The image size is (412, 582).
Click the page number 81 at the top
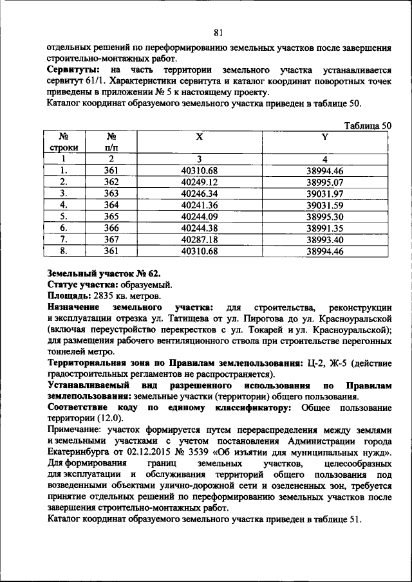pos(218,33)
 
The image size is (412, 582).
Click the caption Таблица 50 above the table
pos(368,126)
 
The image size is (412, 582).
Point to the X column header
pos(200,138)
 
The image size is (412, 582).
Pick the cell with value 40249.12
pos(200,182)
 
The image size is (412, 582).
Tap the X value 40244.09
pos(200,216)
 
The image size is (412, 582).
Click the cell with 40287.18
pos(200,239)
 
